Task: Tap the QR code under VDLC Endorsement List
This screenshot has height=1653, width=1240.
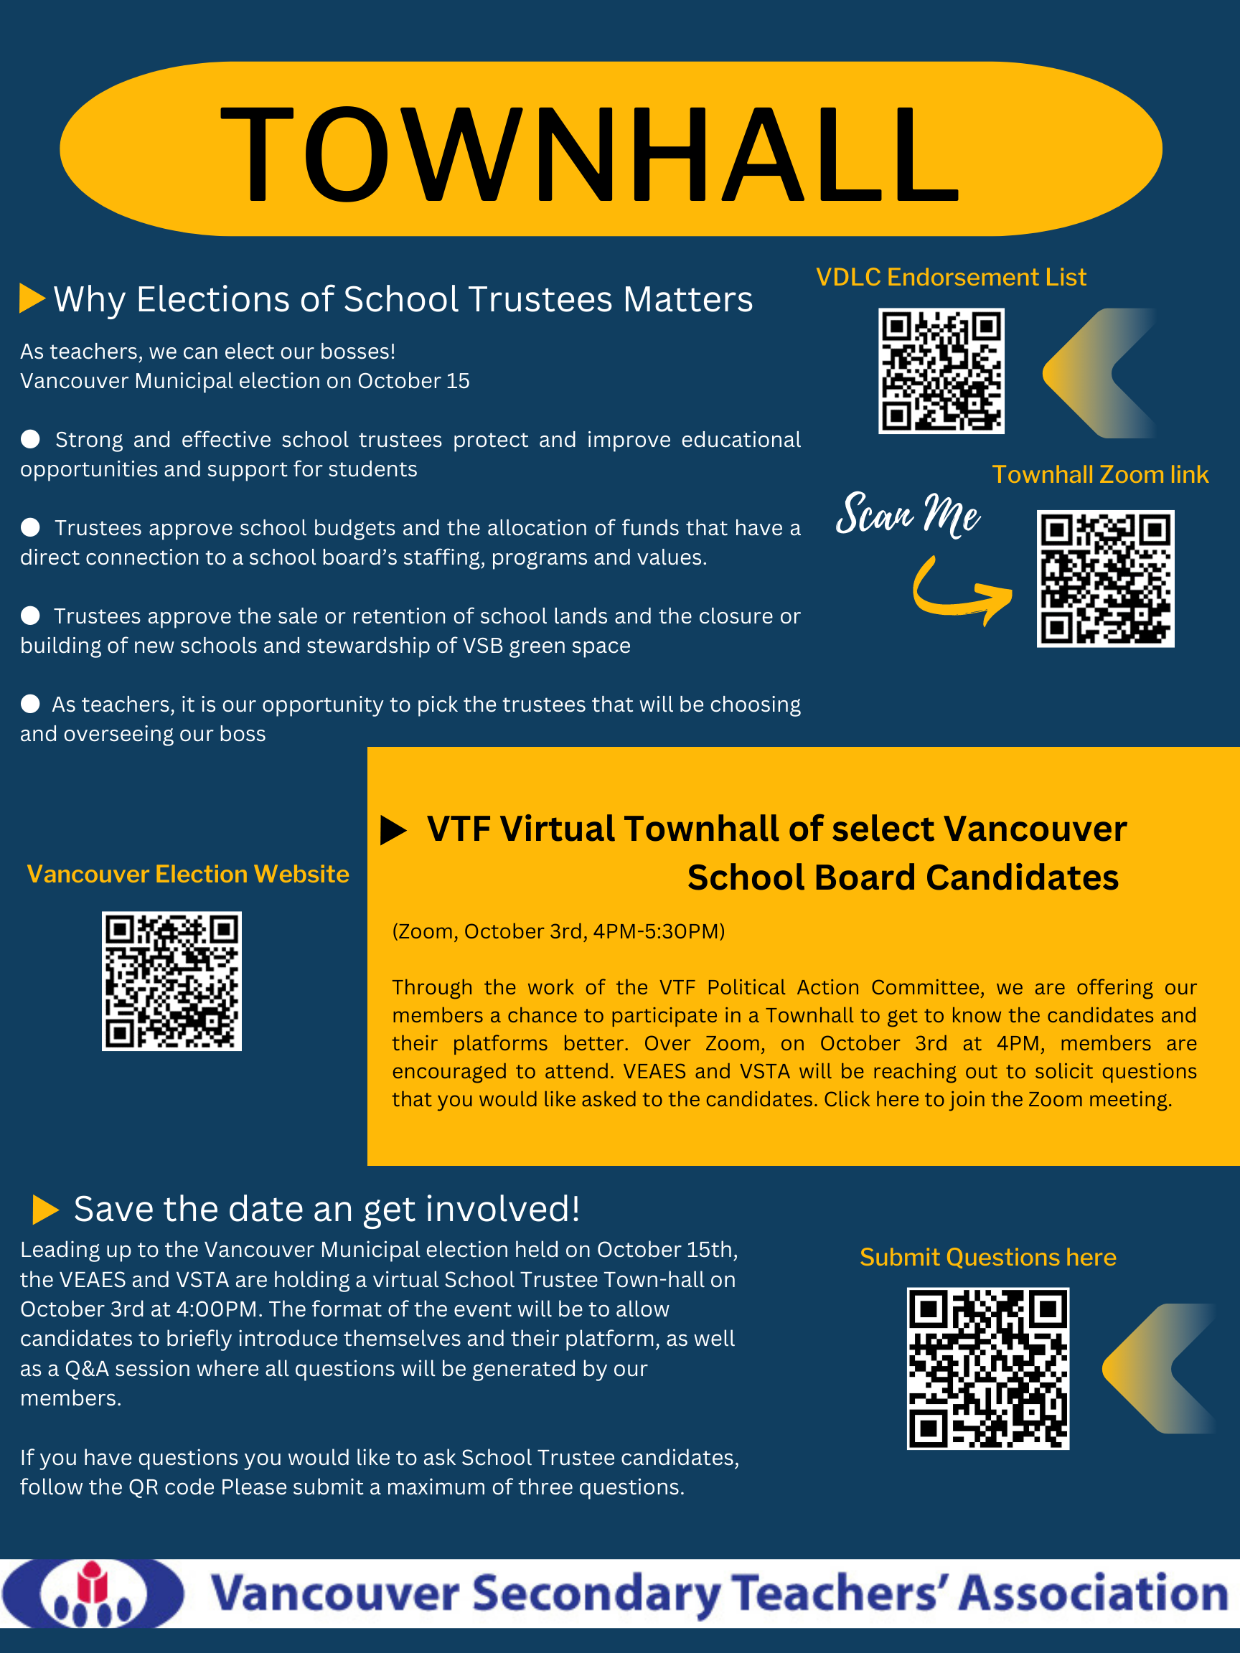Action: [x=941, y=371]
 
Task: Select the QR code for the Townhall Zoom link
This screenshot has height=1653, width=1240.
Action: [x=1106, y=578]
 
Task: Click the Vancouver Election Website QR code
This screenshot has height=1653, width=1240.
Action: [x=172, y=981]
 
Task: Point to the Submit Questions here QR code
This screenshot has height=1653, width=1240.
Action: [x=988, y=1368]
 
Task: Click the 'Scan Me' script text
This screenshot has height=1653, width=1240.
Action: [x=907, y=514]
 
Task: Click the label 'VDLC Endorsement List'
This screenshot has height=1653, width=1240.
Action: [x=951, y=277]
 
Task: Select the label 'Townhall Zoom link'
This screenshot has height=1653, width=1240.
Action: [x=1099, y=474]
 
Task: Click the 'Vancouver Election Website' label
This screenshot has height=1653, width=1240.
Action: [x=187, y=874]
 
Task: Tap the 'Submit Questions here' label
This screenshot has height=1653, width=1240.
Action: [x=987, y=1257]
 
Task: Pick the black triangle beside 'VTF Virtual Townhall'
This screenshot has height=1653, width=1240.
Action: [x=393, y=829]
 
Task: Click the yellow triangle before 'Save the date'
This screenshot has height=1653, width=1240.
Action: [x=46, y=1209]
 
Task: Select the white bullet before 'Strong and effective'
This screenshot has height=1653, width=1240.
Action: [x=31, y=438]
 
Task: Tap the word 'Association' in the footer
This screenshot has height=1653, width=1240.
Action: [x=1093, y=1593]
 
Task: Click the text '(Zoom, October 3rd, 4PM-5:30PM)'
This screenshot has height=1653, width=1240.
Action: [x=558, y=931]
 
